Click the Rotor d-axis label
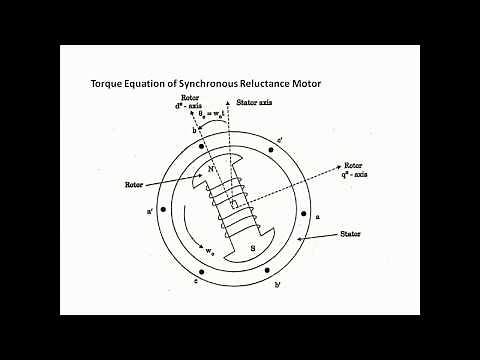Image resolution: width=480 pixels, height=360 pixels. click(191, 103)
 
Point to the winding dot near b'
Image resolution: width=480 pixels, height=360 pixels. click(268, 275)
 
